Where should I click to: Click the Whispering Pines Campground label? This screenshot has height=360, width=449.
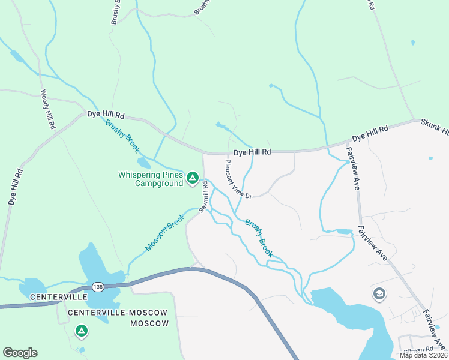coord(150,179)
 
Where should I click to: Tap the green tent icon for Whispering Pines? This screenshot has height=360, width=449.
coord(193,178)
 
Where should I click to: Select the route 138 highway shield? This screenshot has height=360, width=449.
coord(97,287)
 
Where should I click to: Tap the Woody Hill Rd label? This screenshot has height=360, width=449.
coord(47,110)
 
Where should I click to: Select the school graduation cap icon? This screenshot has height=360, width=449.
coord(379,293)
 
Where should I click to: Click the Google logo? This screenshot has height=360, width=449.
coord(20,353)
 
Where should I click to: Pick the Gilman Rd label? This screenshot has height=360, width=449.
coord(418,349)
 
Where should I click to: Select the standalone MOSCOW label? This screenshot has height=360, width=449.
coord(150,323)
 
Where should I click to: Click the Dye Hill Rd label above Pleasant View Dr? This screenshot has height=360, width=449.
coord(252,152)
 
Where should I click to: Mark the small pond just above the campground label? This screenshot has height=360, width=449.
coord(144,163)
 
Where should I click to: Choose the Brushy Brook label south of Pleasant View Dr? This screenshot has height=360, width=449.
coord(259,238)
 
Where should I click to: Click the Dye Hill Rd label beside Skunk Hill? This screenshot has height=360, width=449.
coord(370,133)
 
